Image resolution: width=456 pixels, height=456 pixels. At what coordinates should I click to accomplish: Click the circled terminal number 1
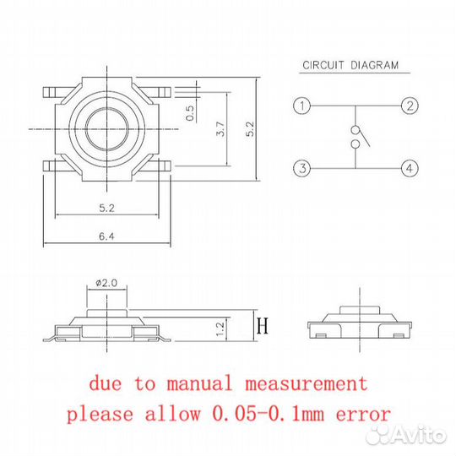tap(302, 106)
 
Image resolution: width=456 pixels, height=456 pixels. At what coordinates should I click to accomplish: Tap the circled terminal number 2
tap(410, 106)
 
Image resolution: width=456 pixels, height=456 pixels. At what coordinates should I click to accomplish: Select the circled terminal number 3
tap(302, 168)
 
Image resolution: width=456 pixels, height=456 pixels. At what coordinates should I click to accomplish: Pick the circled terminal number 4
tap(410, 168)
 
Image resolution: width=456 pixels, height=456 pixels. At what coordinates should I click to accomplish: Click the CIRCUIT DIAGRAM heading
tap(350, 65)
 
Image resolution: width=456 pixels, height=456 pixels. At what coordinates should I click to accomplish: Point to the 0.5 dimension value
tap(190, 113)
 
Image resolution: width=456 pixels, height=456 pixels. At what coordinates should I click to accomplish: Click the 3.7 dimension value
tap(220, 129)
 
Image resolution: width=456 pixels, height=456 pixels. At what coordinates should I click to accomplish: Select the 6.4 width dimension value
tap(106, 236)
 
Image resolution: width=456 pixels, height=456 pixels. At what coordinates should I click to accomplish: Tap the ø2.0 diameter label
tap(106, 283)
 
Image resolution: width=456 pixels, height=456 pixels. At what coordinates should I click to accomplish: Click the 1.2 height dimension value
tap(220, 328)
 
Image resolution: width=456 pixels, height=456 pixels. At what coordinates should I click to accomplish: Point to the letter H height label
tap(263, 326)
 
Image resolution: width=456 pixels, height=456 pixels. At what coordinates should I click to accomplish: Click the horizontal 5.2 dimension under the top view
tap(106, 208)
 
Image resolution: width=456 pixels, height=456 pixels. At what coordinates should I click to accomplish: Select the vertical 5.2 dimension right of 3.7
tap(250, 129)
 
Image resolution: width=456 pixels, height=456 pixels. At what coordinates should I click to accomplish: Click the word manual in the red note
tap(199, 383)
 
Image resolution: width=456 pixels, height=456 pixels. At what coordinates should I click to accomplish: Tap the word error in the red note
tap(363, 414)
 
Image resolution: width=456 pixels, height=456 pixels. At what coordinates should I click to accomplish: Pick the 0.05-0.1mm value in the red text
tap(269, 413)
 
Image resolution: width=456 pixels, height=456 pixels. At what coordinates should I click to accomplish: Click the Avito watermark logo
tap(406, 435)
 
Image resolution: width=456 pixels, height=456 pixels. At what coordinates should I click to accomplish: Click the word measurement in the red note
tap(307, 383)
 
